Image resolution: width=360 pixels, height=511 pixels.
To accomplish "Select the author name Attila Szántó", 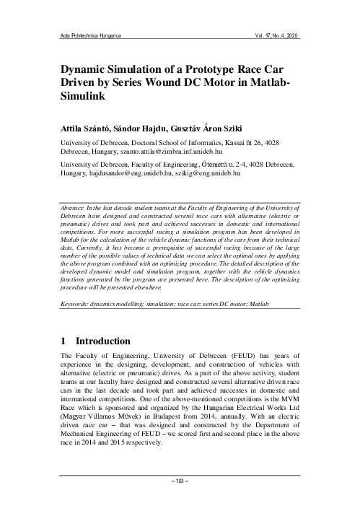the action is click(89, 129).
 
